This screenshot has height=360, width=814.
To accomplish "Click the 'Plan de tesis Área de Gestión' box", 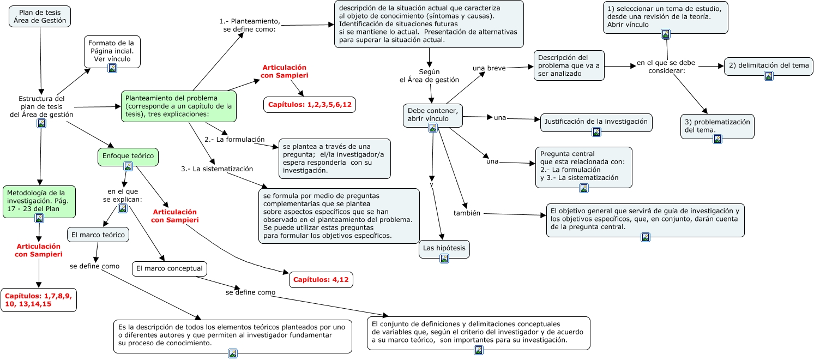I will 39,16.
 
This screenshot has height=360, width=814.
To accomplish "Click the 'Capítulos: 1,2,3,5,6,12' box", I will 309,104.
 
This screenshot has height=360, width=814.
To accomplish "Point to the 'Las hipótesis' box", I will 444,249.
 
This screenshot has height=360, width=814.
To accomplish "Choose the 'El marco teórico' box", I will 98,235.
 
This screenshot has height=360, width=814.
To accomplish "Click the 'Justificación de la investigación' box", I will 596,122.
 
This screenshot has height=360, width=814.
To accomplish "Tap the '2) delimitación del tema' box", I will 768,66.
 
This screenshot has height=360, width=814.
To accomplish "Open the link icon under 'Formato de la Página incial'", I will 112,68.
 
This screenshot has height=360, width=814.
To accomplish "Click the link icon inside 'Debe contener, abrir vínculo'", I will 433,128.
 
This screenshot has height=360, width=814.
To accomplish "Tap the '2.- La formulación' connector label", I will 234,140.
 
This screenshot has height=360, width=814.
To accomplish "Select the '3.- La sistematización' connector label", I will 217,169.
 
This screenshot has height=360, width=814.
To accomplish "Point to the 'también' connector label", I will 467,213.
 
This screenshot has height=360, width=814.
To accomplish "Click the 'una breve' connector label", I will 489,68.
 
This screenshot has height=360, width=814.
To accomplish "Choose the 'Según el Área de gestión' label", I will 429,76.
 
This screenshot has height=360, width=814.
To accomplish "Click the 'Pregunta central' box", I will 583,166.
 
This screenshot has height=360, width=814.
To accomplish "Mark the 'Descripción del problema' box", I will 569,65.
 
